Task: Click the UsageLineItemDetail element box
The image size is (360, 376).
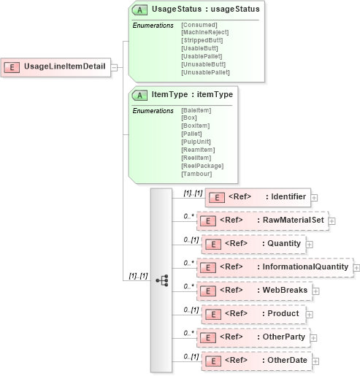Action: pyautogui.click(x=55, y=67)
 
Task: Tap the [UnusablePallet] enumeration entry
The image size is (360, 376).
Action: pyautogui.click(x=205, y=72)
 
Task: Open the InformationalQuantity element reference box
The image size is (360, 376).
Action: pyautogui.click(x=275, y=267)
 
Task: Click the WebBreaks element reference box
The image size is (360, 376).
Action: pyautogui.click(x=256, y=291)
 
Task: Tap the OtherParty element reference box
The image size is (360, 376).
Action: pyautogui.click(x=256, y=337)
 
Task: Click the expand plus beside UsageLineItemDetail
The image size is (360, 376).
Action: pyautogui.click(x=114, y=67)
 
